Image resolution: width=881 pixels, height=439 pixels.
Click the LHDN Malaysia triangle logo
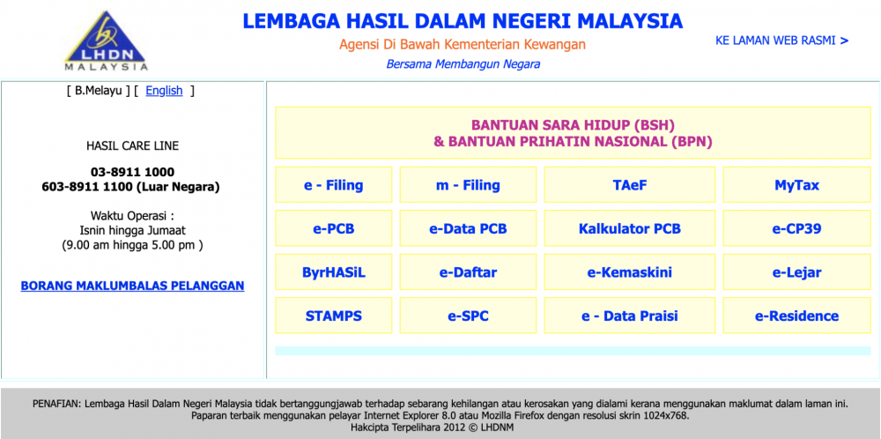click(x=106, y=41)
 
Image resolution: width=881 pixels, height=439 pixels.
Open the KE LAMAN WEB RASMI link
click(x=781, y=41)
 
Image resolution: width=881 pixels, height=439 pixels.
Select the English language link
click(x=164, y=91)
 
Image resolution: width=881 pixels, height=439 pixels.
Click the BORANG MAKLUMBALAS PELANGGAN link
click(x=133, y=286)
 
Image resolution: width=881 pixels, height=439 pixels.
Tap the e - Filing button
click(x=334, y=185)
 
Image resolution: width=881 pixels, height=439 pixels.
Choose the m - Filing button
click(x=468, y=185)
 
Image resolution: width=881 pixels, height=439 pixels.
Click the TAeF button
click(x=630, y=185)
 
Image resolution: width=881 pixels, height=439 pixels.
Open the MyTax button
click(x=796, y=185)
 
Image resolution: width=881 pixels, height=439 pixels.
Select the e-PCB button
click(x=334, y=229)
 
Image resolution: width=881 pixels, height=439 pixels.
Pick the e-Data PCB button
click(x=468, y=229)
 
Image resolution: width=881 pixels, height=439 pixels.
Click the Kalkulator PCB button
click(x=630, y=229)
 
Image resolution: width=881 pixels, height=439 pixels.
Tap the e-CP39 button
click(x=796, y=229)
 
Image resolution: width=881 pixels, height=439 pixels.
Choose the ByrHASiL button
click(x=334, y=272)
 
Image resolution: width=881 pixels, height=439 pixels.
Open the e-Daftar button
click(x=468, y=272)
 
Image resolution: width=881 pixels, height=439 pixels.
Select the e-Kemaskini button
click(x=630, y=272)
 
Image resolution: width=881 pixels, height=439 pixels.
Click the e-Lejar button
click(x=796, y=272)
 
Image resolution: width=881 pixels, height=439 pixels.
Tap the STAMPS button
click(x=334, y=316)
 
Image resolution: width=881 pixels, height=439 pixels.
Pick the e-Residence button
click(x=796, y=316)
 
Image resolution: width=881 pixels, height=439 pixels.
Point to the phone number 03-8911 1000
click(x=133, y=172)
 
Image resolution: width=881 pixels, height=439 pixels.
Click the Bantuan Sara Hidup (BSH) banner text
click(x=573, y=124)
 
